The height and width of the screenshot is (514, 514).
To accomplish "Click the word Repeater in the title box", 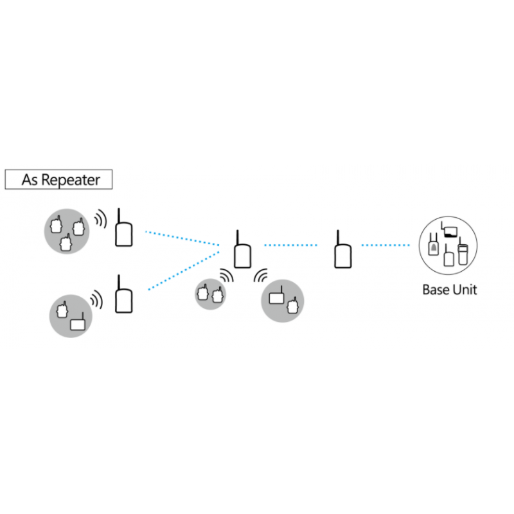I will point(71,180).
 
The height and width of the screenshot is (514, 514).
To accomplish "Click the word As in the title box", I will point(30,180).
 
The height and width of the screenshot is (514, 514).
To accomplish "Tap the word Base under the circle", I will point(435,290).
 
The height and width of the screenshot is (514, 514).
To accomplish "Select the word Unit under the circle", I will point(465,290).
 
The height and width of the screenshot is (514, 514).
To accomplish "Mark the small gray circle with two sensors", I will point(211,294).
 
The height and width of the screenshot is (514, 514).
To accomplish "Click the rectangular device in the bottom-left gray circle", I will point(78,324).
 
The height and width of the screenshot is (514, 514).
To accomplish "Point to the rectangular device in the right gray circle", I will point(276,297).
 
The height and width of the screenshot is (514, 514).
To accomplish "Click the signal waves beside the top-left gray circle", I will point(100,219).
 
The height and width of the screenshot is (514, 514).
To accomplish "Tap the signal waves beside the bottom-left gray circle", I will point(96,299).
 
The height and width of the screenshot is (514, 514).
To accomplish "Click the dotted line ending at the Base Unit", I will point(385,245).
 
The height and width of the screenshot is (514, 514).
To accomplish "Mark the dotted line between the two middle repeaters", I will point(291,245).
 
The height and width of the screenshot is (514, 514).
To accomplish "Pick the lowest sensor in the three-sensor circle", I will point(65,244).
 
